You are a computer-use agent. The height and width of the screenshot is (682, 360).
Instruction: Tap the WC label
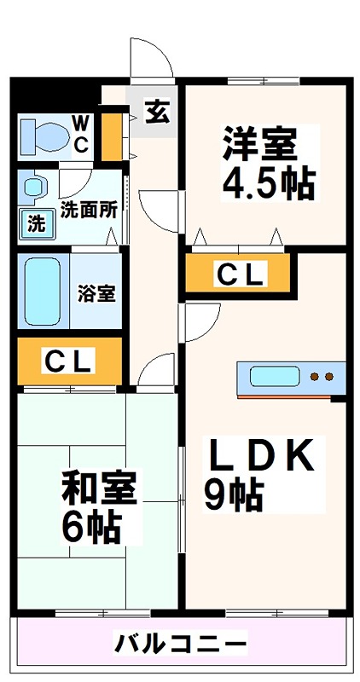click(x=79, y=134)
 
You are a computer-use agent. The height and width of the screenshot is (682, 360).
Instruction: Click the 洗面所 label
click(x=88, y=210)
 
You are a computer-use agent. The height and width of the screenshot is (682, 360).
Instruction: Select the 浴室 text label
click(x=96, y=293)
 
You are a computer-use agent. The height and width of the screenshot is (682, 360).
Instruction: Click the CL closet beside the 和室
click(x=68, y=361)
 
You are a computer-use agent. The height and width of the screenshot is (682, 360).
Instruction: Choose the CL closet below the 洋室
click(x=239, y=275)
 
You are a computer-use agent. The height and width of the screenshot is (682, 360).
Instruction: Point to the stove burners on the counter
click(x=322, y=376)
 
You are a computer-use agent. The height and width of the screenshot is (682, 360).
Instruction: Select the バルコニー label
click(x=181, y=642)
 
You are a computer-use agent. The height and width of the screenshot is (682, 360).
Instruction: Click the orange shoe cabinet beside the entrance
click(x=109, y=135)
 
